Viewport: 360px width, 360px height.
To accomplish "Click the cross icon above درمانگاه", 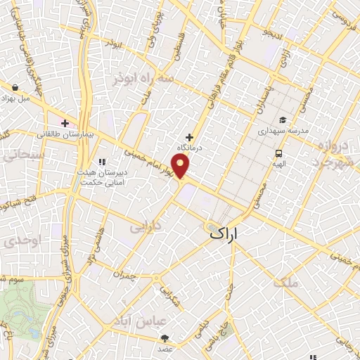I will tap(189, 137).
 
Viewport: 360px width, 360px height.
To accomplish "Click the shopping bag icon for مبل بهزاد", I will tap(15, 88).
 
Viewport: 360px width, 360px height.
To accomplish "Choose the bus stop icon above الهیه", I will tap(279, 153).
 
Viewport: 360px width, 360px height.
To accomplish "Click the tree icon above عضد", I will tap(165, 338).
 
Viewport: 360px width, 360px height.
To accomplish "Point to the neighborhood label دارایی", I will tap(146, 227).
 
